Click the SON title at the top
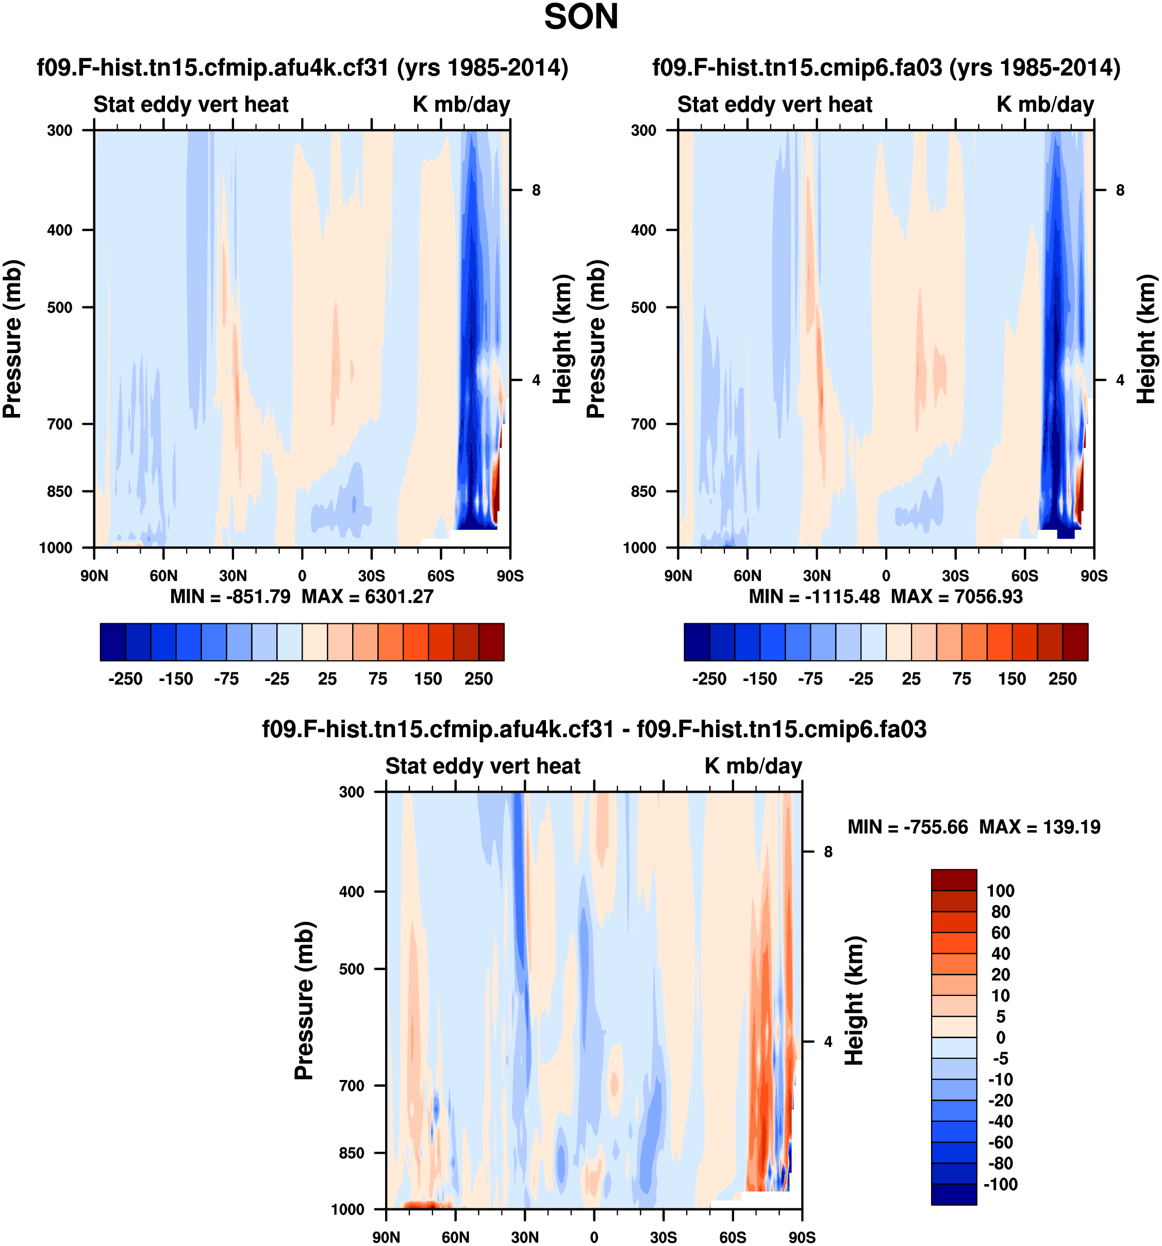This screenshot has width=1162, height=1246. tap(580, 18)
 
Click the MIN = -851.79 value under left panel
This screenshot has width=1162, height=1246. tap(230, 596)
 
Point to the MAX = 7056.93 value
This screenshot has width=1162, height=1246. tap(956, 596)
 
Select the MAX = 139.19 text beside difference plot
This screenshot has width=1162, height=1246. tap(1039, 827)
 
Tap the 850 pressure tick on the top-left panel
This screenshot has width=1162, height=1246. tap(59, 491)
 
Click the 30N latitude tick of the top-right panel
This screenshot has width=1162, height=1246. tap(816, 575)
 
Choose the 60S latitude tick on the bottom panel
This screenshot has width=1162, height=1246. tap(732, 1237)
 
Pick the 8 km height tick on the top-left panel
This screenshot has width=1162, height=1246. tap(536, 190)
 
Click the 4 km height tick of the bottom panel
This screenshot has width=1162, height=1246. tap(828, 1042)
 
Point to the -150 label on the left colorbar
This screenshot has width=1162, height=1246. tap(175, 679)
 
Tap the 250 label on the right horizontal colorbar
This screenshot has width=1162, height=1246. tap(1063, 679)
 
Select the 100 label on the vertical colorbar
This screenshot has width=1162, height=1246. tap(1000, 891)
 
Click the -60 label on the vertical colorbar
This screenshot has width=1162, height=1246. tap(1000, 1142)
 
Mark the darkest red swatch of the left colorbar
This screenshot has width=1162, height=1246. tap(491, 642)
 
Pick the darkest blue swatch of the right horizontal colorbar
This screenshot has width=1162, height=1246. tap(696, 642)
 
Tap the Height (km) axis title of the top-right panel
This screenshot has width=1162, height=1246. tap(1146, 339)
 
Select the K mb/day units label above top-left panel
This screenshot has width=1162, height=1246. tap(461, 104)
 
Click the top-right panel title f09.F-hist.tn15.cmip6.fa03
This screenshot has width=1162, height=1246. tap(886, 67)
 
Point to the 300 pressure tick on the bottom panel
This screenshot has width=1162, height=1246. tap(351, 792)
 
